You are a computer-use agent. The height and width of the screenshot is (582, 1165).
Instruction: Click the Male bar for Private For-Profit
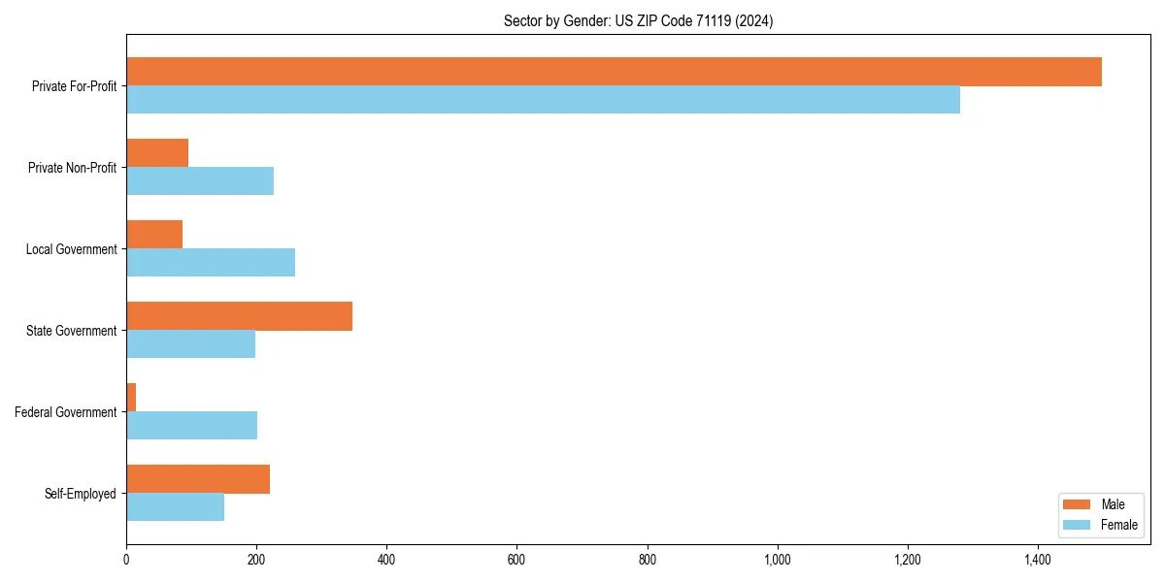point(614,72)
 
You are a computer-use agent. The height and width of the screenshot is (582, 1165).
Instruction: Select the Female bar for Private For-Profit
point(543,100)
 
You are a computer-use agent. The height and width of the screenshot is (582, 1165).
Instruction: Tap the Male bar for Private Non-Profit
point(157,153)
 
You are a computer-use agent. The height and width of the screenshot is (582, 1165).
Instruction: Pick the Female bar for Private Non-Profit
point(200,181)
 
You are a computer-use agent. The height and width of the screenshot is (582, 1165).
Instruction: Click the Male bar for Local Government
point(154,235)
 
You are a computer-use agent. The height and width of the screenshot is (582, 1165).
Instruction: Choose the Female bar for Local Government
point(211,263)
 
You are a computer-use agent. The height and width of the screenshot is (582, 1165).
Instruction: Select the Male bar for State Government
point(239,316)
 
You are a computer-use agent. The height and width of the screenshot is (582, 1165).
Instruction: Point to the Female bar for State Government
point(190,344)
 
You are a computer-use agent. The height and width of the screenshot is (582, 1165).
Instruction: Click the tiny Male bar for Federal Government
point(131,398)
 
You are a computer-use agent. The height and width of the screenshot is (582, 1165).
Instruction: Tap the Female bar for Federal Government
point(191,426)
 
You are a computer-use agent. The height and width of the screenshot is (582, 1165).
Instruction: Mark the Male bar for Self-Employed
point(198,479)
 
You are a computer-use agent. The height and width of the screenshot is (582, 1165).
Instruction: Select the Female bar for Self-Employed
point(175,507)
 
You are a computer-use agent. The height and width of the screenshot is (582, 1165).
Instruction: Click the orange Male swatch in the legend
point(1078,504)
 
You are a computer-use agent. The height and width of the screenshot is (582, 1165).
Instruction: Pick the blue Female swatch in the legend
point(1078,525)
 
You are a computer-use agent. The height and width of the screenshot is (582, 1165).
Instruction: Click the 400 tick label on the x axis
point(386,560)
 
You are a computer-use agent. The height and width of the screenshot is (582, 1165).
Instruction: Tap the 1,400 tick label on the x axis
point(1037,560)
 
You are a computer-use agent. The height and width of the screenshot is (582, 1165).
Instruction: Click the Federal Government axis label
point(66,412)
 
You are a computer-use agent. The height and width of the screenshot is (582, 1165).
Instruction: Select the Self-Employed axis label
point(81,494)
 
